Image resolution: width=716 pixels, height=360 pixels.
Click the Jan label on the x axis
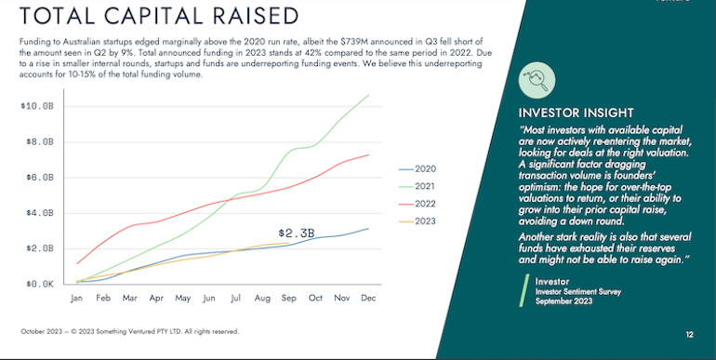click(77, 299)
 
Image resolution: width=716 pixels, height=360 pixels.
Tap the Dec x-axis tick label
click(369, 299)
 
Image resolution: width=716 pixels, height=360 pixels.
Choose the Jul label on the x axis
click(236, 299)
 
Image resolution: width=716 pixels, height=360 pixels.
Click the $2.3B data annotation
click(297, 233)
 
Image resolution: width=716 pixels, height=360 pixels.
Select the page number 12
click(689, 334)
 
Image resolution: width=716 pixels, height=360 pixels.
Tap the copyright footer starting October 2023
click(130, 331)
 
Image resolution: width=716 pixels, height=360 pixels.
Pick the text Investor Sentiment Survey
click(573, 292)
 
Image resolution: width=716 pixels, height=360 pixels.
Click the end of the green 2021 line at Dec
click(369, 95)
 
